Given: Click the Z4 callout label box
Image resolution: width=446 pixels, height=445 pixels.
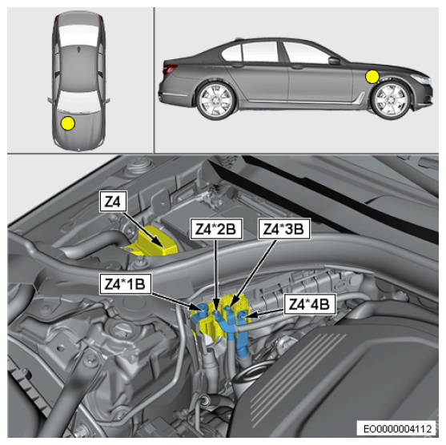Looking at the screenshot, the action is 113,202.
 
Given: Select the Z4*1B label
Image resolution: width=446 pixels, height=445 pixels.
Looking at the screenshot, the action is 125,284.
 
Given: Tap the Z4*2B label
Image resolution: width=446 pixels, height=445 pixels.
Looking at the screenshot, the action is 216,229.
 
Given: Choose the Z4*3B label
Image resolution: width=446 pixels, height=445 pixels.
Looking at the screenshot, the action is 284,229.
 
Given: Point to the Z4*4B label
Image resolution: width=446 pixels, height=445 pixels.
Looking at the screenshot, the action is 309,304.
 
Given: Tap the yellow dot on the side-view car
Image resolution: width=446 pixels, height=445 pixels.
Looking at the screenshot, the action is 372,77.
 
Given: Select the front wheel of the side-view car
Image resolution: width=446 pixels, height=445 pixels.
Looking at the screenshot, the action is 391,100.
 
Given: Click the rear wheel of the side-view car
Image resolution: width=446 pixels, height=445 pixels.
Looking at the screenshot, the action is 216,101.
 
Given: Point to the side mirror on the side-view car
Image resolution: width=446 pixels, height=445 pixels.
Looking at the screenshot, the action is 335,61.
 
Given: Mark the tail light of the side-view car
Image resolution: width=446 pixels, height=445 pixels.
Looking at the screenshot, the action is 170,69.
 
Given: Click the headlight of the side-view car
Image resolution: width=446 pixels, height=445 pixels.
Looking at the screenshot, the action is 420,78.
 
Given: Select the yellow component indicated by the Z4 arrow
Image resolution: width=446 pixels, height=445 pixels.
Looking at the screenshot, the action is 156,241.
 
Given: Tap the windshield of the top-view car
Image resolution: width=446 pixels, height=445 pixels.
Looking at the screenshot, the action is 78,101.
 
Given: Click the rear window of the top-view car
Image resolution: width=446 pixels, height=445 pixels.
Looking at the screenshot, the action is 78,34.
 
